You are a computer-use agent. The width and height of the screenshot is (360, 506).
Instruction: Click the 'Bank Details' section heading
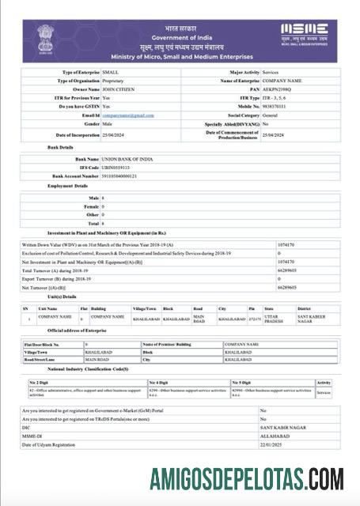[x=60, y=147]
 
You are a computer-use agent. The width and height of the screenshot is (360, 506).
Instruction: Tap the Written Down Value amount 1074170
[x=286, y=244]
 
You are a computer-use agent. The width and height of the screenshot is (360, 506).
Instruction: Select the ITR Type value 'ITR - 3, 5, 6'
[x=278, y=98]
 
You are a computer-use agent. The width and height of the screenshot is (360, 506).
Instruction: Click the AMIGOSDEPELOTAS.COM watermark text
[x=247, y=479]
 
